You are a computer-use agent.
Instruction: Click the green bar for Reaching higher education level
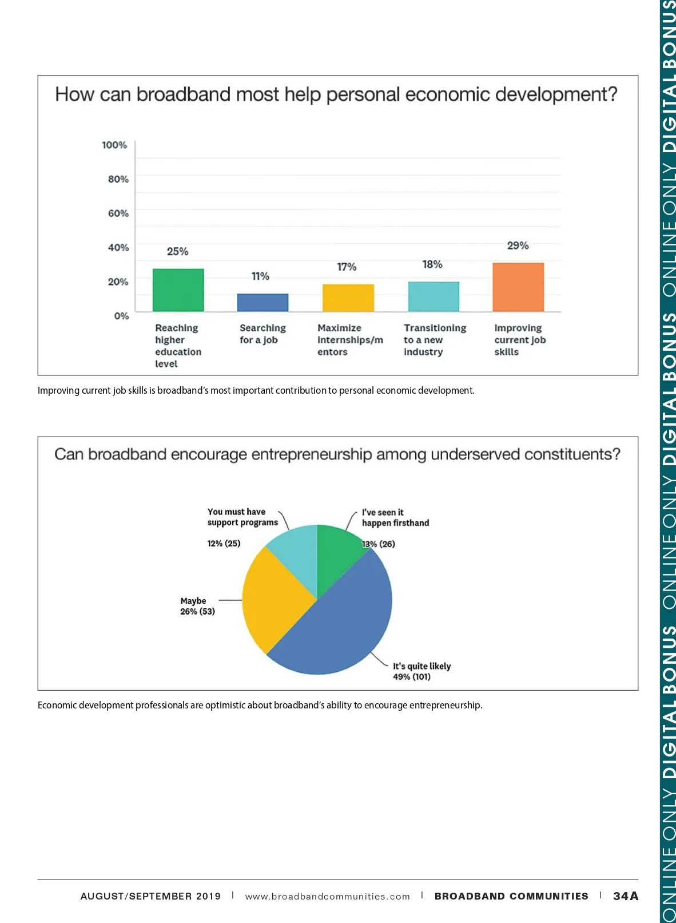178,290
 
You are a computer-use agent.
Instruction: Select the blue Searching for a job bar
263,303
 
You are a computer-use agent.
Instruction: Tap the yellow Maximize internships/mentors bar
348,298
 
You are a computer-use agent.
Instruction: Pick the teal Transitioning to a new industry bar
433,296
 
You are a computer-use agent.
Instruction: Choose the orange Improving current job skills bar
518,287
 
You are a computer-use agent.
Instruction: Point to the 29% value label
518,245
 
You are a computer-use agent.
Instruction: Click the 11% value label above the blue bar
260,276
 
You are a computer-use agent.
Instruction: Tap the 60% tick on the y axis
118,213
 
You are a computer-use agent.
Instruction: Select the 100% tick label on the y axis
114,145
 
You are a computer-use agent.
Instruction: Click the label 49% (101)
412,677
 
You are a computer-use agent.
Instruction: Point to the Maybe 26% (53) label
197,607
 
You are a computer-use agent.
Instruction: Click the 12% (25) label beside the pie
224,544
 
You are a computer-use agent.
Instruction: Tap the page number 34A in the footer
626,896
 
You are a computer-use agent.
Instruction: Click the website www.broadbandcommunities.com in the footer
327,897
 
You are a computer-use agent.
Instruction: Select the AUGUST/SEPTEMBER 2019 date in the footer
150,897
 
